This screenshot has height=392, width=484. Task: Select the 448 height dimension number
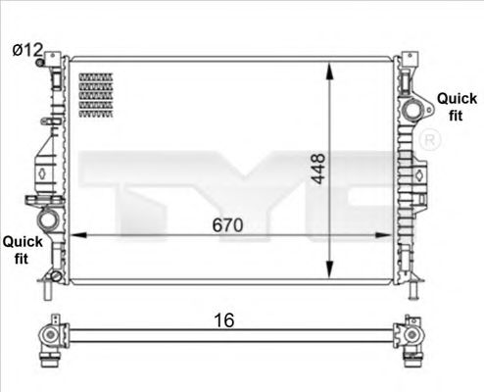click(x=316, y=169)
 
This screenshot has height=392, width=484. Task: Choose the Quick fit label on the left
click(x=21, y=248)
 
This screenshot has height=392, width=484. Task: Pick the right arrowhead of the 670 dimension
click(x=386, y=236)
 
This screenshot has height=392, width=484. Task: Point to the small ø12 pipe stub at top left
click(x=42, y=64)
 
